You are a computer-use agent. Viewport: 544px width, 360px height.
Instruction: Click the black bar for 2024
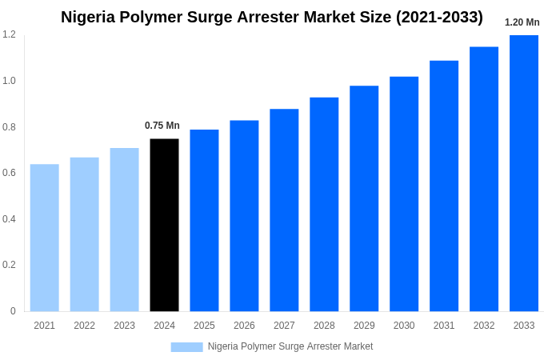point(164,225)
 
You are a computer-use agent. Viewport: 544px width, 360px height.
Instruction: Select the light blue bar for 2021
point(45,238)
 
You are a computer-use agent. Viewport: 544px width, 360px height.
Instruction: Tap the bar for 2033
point(524,173)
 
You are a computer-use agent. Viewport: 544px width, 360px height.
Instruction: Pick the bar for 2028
point(324,204)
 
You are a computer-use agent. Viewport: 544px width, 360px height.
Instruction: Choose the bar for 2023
point(124,230)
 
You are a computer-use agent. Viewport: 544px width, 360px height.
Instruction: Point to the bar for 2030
point(404,194)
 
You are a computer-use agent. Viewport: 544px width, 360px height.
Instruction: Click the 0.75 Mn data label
point(162,126)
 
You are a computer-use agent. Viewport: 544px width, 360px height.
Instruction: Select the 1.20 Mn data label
point(522,22)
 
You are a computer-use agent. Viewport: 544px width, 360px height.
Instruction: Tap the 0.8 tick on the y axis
point(9,126)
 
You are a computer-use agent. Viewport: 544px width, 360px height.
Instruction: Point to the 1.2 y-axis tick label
point(9,34)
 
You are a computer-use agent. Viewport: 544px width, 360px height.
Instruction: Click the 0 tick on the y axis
point(13,311)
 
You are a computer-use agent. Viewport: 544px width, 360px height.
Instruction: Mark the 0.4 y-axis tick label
point(9,219)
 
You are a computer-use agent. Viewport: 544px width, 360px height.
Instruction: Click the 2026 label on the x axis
point(244,326)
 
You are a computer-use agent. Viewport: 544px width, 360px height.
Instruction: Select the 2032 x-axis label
point(484,326)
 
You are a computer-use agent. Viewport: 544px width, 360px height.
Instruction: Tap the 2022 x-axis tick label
point(84,326)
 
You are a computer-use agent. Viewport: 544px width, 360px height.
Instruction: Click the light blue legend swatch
point(186,347)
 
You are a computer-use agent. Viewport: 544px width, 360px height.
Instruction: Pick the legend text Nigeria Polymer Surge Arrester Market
point(290,346)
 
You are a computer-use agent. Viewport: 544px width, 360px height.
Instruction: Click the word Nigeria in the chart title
point(90,17)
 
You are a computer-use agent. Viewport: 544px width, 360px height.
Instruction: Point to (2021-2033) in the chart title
point(439,17)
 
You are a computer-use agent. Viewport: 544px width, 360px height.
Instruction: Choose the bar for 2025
point(204,220)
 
